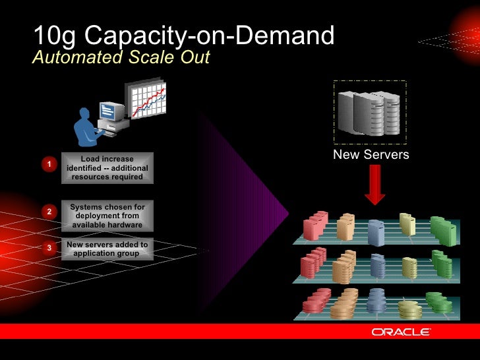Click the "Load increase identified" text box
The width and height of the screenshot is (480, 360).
107,168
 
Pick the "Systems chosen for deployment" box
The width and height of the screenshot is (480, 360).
107,216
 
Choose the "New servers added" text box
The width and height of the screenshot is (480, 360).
107,249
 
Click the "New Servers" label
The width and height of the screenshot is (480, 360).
371,155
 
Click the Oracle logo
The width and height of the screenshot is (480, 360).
401,332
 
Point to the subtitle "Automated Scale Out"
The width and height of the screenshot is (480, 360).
121,58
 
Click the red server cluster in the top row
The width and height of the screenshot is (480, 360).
315,225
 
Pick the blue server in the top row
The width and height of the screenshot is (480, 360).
376,231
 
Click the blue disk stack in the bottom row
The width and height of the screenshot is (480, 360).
377,302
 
